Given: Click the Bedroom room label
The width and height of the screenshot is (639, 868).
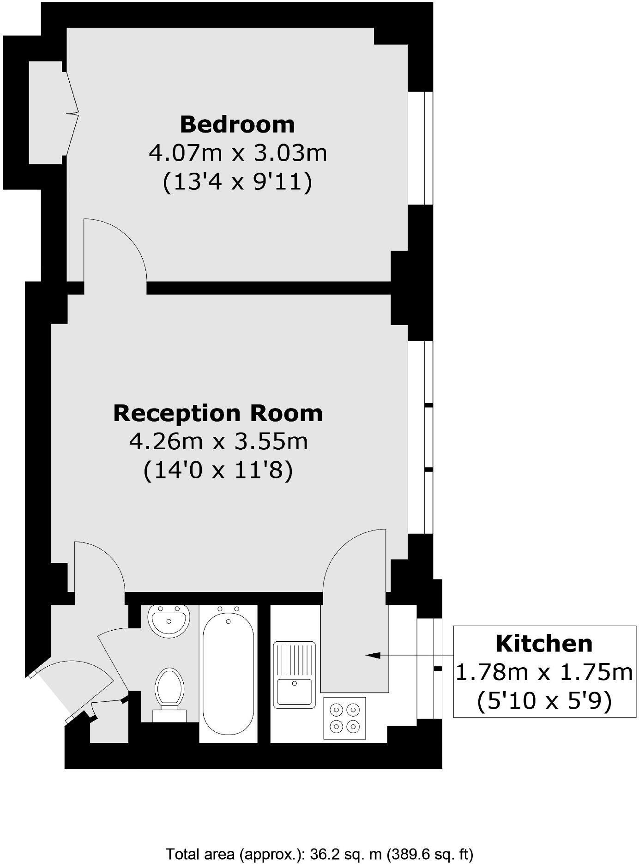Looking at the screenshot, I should (x=237, y=124).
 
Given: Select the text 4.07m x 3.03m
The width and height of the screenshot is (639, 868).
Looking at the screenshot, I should (x=237, y=153).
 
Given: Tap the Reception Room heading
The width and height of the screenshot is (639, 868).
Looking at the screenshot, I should (x=217, y=413).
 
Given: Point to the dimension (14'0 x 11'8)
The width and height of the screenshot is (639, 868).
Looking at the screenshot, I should (x=217, y=471).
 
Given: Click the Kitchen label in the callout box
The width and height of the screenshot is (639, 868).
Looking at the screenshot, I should (x=544, y=643).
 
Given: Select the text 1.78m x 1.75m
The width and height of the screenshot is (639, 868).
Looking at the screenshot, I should (x=544, y=672).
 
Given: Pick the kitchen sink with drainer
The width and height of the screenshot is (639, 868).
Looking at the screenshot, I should (x=294, y=674).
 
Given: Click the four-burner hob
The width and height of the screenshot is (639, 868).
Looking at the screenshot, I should (x=344, y=717).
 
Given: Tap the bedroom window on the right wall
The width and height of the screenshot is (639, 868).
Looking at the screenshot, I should (x=420, y=148).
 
